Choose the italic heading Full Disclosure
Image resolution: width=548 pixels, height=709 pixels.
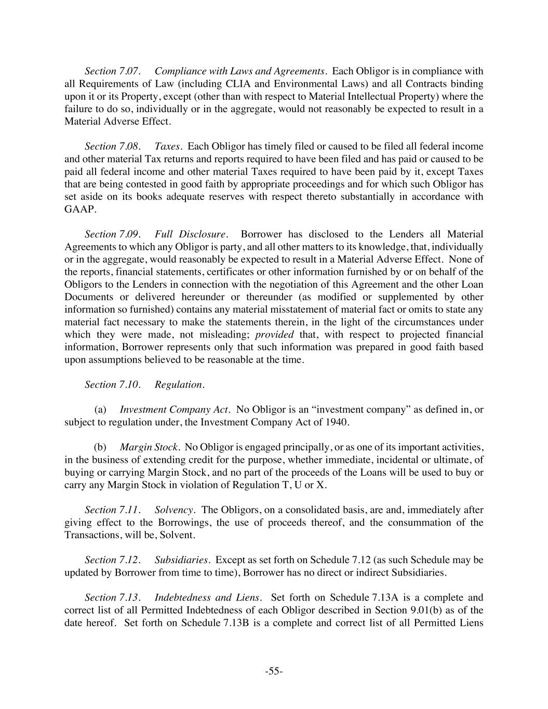pyautogui.click(x=191, y=234)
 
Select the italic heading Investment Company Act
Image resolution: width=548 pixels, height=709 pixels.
pyautogui.click(x=175, y=409)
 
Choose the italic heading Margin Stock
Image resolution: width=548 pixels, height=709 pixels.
pyautogui.click(x=150, y=447)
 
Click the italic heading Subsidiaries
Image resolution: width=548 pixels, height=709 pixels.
pyautogui.click(x=182, y=559)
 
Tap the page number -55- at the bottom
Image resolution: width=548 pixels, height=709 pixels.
pyautogui.click(x=274, y=671)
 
